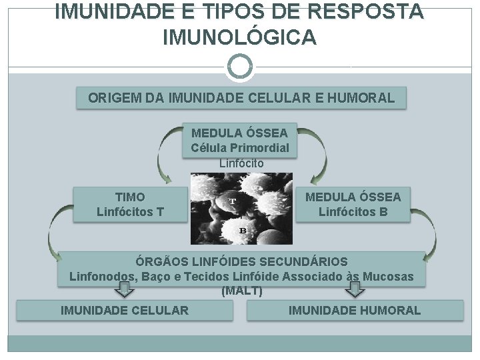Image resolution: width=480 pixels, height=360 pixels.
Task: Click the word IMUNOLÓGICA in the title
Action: tap(239, 38)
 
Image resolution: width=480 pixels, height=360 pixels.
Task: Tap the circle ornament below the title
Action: tap(239, 67)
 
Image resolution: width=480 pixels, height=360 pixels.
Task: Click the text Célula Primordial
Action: tap(240, 147)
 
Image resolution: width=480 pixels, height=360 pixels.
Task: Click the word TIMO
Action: tap(130, 197)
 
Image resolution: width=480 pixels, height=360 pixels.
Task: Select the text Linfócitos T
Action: tap(130, 213)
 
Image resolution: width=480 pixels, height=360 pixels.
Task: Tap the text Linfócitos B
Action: tap(353, 213)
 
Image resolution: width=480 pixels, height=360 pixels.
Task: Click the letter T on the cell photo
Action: tap(233, 200)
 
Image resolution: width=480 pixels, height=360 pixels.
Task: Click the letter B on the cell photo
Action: tap(243, 231)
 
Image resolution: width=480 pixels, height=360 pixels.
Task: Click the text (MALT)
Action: tap(241, 291)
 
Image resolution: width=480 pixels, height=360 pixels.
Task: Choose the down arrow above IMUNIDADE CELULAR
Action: tap(124, 289)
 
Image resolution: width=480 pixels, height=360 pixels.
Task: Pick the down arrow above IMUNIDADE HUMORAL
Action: tap(355, 289)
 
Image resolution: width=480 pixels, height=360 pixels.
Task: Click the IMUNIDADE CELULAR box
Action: tap(125, 310)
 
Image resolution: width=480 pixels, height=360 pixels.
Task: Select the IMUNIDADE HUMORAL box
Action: tap(355, 310)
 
